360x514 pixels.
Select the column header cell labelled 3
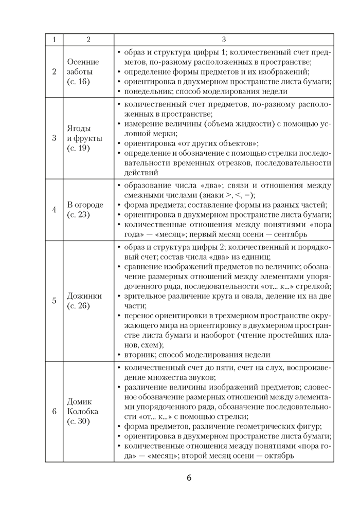click(x=224, y=40)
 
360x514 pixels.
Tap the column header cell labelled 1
click(x=54, y=40)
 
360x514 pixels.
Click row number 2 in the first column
click(x=54, y=71)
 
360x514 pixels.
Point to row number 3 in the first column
click(x=54, y=138)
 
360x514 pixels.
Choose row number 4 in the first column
click(x=54, y=210)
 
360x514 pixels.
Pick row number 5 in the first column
click(x=54, y=301)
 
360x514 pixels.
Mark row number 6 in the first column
click(x=54, y=411)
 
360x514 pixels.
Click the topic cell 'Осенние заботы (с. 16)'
click(x=83, y=71)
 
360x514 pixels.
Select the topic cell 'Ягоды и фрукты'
click(x=85, y=138)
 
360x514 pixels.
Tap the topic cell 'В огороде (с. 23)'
click(x=85, y=210)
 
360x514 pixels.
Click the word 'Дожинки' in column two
click(x=84, y=296)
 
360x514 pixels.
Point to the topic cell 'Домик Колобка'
click(x=83, y=411)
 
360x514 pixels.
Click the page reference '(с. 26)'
click(x=78, y=306)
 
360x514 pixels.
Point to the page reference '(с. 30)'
click(x=78, y=421)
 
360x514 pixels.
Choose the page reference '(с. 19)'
click(x=78, y=148)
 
